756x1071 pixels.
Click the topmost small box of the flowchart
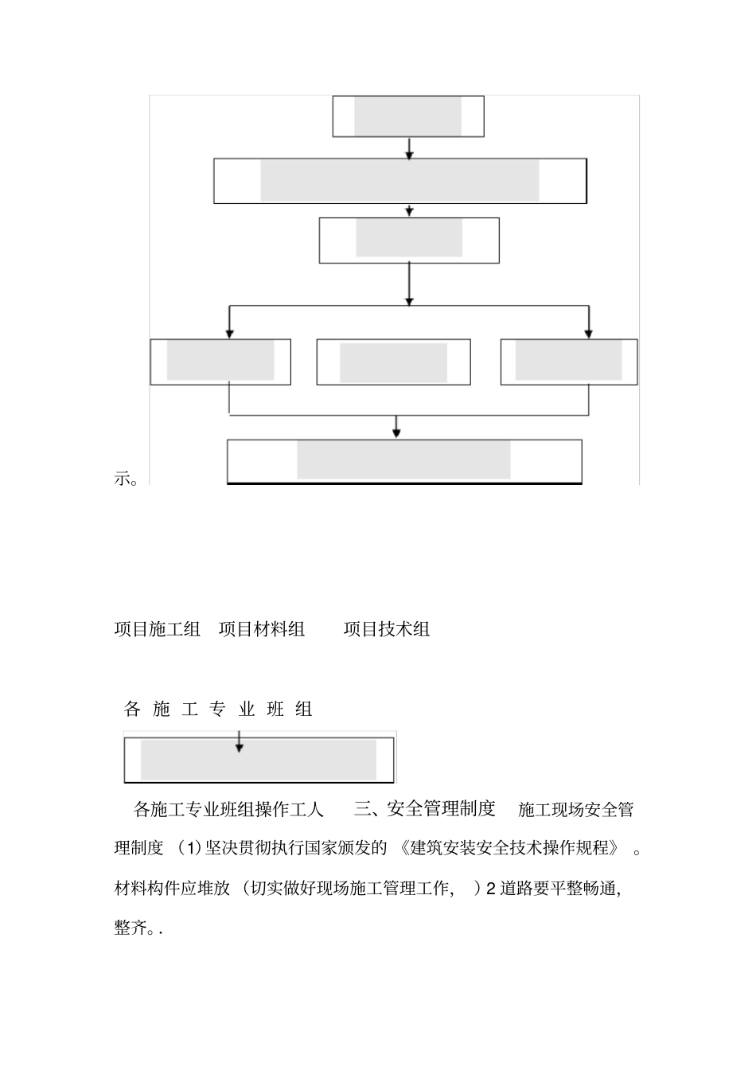408,117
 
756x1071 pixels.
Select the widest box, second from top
399,181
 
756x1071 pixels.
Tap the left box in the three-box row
220,362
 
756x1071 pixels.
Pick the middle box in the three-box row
393,362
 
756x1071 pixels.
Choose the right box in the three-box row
568,362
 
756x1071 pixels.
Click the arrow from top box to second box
409,149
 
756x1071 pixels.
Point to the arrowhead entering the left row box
229,333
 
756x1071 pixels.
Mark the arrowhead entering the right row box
589,333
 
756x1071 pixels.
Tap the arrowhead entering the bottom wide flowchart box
396,432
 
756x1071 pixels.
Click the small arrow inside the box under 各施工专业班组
240,745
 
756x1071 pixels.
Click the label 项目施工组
158,629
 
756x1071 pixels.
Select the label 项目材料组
262,629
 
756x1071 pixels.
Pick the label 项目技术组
387,629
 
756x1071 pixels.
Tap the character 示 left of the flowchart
123,479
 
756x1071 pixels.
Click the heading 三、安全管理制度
425,809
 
